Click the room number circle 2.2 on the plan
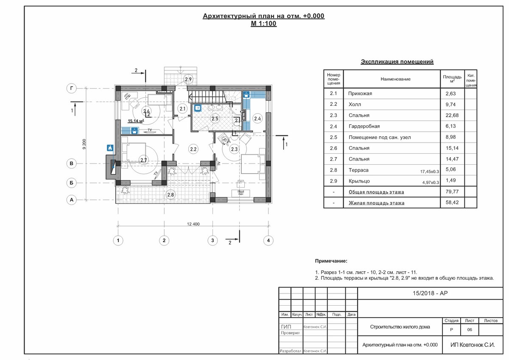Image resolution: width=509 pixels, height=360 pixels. pos(193,149)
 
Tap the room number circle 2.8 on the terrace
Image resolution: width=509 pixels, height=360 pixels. pos(171,195)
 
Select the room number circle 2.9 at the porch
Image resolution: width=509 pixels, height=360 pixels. pos(188,79)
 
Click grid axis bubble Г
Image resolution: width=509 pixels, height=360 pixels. pos(72,88)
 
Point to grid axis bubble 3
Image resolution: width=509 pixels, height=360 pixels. pos(213,240)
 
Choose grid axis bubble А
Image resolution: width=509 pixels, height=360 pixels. pos(72,200)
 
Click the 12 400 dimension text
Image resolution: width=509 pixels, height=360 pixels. pos(193,224)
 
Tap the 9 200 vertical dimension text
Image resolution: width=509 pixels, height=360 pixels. pos(84,144)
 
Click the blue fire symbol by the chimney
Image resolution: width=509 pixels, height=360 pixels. pos(110,148)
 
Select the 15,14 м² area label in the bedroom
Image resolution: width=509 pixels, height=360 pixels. pos(136,121)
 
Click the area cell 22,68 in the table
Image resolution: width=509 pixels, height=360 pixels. pos(452,115)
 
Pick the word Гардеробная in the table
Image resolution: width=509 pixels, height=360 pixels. pos(364,126)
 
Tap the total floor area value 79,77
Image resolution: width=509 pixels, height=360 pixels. pos(452,192)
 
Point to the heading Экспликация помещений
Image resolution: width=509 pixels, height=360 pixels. pos(397,62)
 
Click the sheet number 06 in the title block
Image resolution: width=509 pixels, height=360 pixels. pos(470,329)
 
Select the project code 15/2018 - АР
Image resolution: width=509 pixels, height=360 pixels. pos(430,293)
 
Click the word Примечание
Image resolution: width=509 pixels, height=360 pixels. pos(331,261)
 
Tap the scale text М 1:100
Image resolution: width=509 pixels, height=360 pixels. pos(263,24)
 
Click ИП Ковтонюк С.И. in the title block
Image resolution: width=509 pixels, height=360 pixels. pos(473,345)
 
